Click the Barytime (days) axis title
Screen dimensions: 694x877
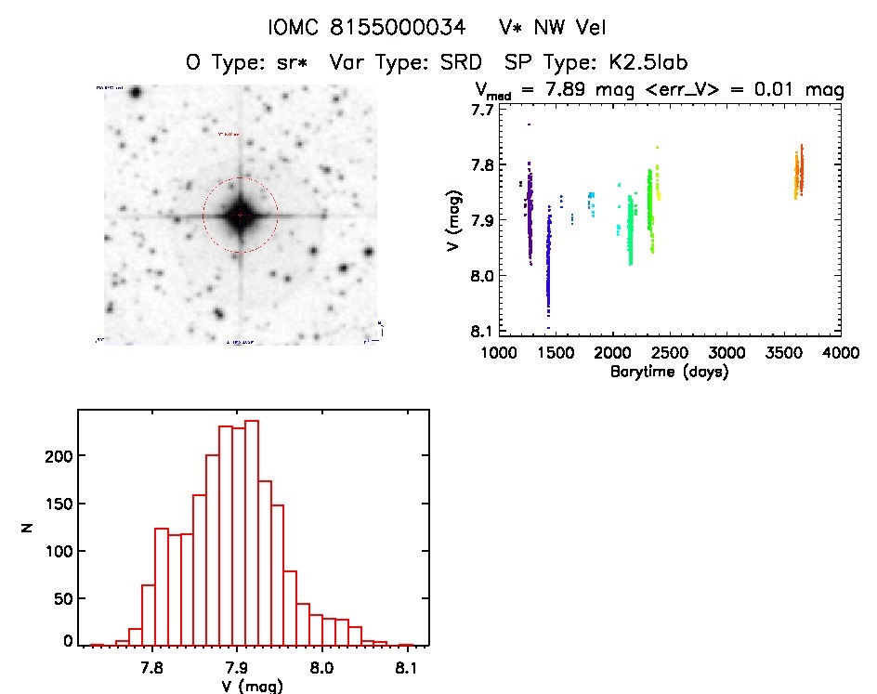(670, 372)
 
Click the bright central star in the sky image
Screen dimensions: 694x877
(240, 215)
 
